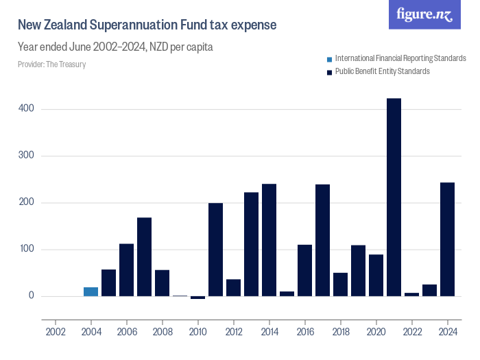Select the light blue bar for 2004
pyautogui.click(x=91, y=292)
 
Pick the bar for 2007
pyautogui.click(x=144, y=257)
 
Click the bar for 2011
pyautogui.click(x=215, y=250)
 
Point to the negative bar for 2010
pyautogui.click(x=197, y=298)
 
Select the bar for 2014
pyautogui.click(x=269, y=240)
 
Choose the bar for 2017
pyautogui.click(x=322, y=241)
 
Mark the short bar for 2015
pyautogui.click(x=287, y=294)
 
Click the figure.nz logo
pyautogui.click(x=424, y=15)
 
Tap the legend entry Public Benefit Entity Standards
pyautogui.click(x=382, y=71)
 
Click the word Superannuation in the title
pyautogui.click(x=131, y=25)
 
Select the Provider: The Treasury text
pyautogui.click(x=51, y=64)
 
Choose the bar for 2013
pyautogui.click(x=251, y=244)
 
